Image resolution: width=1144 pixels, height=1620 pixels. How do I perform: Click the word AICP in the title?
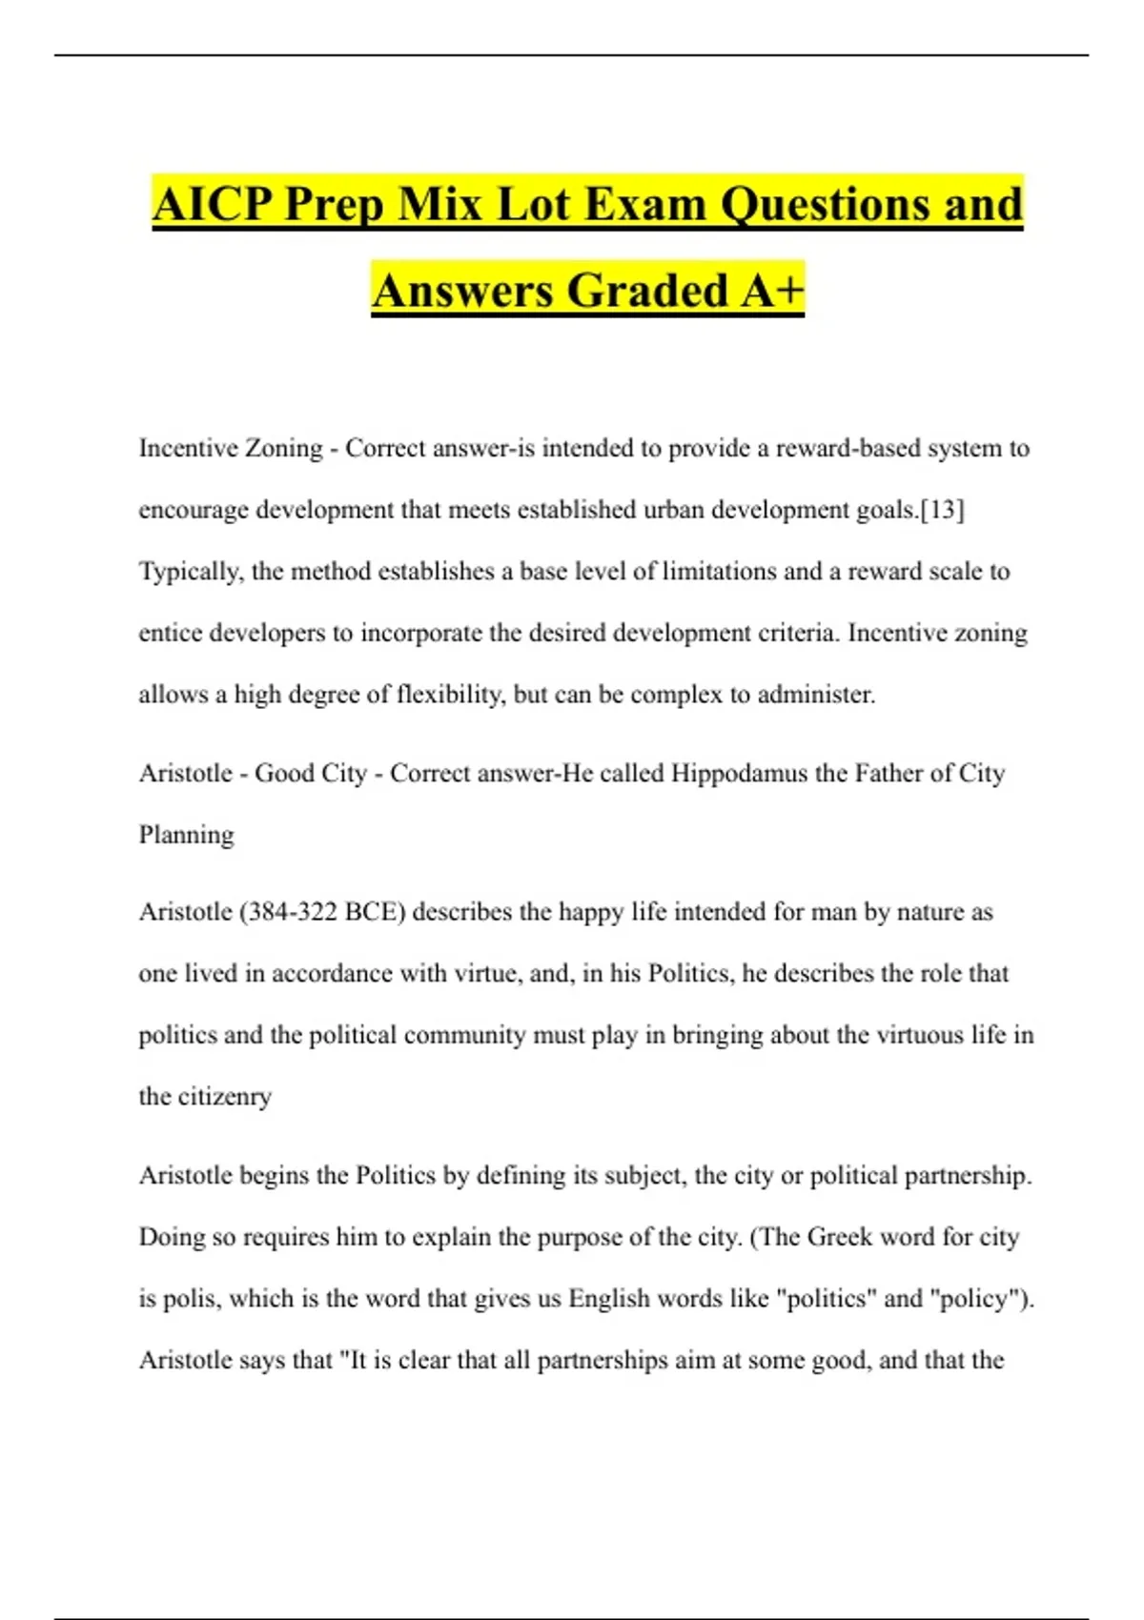pos(212,205)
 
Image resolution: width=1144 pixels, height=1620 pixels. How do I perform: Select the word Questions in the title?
pos(824,205)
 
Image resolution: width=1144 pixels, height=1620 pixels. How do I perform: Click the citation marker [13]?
pos(943,510)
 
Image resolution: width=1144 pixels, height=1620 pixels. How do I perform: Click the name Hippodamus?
pos(739,773)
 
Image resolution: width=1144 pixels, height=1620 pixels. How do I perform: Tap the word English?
pos(614,1299)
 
